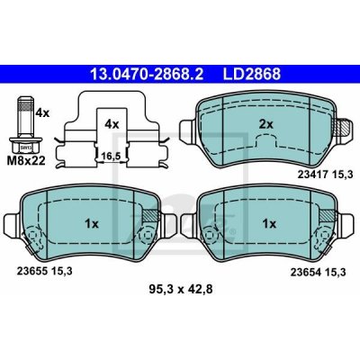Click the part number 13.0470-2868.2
click(147, 74)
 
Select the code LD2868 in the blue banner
click(251, 74)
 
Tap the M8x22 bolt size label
click(26, 161)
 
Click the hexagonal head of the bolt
click(25, 147)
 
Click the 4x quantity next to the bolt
click(42, 112)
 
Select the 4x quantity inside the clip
click(112, 123)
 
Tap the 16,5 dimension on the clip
click(111, 156)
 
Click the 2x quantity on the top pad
click(266, 123)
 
